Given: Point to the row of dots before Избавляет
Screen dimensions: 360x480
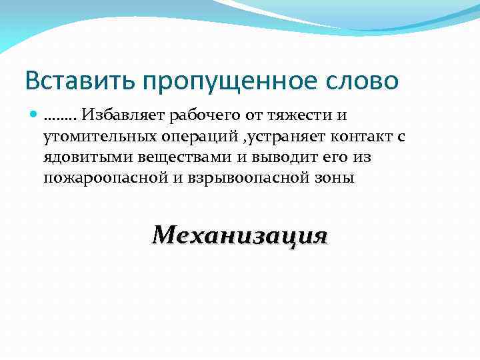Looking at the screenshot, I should tap(61, 118).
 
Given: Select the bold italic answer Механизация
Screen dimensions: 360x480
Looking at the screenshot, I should tap(239, 235).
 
